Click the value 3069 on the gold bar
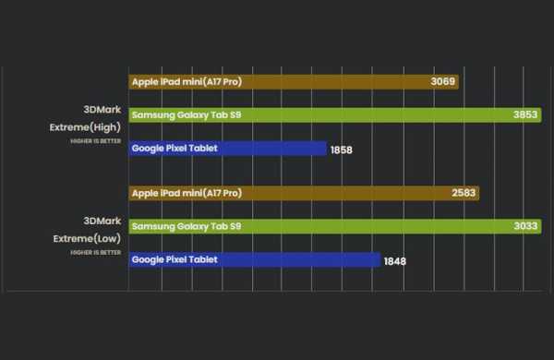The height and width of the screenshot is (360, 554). (442, 81)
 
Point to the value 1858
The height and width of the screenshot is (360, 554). (342, 150)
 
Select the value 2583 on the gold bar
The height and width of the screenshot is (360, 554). (464, 193)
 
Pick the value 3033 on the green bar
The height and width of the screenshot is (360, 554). (525, 226)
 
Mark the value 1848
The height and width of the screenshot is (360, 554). (394, 261)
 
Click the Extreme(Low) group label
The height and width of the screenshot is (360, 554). (86, 237)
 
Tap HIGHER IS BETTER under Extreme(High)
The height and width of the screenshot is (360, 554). (95, 142)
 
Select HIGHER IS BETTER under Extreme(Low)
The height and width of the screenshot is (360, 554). (95, 252)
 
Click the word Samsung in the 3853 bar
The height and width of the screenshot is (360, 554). (151, 115)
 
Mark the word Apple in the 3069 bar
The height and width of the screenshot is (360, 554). (145, 81)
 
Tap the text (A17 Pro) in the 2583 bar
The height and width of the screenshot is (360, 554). (222, 193)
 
